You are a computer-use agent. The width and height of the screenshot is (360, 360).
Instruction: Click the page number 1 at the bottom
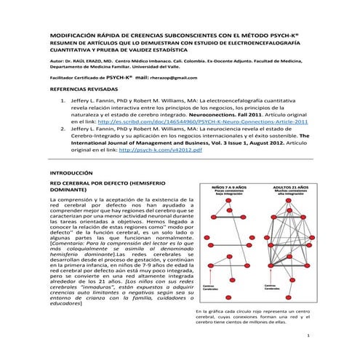[x=308, y=336]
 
